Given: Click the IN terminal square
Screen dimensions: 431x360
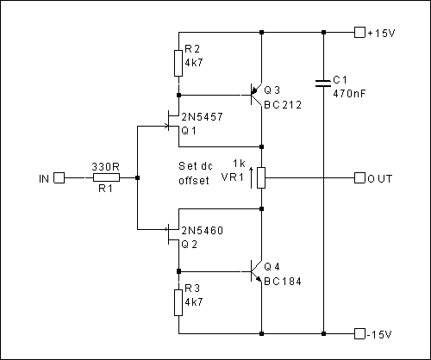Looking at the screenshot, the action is [59, 178].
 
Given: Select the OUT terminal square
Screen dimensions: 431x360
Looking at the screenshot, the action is [359, 178].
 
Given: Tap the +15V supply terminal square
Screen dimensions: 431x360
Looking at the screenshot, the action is [359, 33].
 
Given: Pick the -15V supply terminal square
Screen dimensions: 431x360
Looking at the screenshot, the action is [359, 333].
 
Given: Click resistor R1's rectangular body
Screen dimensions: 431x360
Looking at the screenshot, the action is [106, 178].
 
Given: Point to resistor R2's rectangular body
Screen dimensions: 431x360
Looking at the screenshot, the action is [178, 63].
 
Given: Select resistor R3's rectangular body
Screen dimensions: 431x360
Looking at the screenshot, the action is [178, 302].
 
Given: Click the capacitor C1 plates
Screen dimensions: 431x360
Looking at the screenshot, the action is [323, 84].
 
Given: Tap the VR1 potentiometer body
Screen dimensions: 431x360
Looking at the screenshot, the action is [261, 178].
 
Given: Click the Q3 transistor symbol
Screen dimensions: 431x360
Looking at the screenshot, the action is [256, 95].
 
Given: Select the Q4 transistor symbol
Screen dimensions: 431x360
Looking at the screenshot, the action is [256, 271].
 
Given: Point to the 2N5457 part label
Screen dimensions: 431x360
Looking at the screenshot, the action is [202, 117].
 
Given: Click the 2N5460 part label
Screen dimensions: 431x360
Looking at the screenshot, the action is [202, 231].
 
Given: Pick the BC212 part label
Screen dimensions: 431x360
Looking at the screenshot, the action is [283, 105].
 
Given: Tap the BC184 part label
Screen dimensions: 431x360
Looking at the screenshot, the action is [283, 282].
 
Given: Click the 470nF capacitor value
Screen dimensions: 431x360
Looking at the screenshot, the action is [349, 93].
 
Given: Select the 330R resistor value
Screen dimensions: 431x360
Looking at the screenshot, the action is [105, 166].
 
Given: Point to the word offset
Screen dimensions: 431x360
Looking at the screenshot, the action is [194, 180].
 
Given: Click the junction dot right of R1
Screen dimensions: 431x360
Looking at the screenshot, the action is [137, 178].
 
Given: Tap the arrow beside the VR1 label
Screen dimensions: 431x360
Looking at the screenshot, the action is [252, 178].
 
